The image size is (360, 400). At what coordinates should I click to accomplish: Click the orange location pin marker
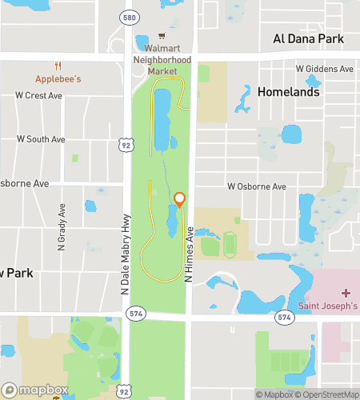[x=180, y=199]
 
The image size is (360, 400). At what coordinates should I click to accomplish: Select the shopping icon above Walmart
[x=162, y=36]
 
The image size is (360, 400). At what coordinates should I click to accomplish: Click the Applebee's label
[x=58, y=79]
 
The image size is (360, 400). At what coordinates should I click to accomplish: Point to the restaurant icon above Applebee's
[x=58, y=66]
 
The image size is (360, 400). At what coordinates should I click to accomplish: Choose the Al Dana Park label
[x=308, y=38]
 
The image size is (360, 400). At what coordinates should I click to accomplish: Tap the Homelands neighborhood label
[x=289, y=92]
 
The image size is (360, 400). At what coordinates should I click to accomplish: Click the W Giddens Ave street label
[x=325, y=70]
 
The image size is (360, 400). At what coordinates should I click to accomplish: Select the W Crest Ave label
[x=38, y=96]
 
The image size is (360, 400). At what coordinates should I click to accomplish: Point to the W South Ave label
[x=40, y=139]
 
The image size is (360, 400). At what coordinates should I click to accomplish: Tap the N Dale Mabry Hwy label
[x=125, y=256]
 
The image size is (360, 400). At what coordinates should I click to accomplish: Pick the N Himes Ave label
[x=190, y=253]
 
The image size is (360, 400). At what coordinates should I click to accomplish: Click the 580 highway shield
[x=128, y=17]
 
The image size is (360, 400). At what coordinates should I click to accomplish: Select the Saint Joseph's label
[x=328, y=306]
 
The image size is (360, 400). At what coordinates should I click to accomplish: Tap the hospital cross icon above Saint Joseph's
[x=346, y=294]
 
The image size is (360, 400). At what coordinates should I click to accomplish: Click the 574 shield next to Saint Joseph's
[x=284, y=318]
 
